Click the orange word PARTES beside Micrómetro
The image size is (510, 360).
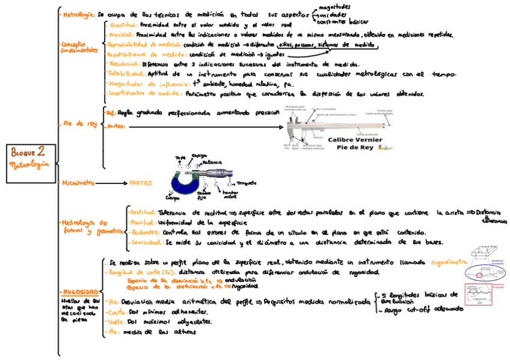point(140,183)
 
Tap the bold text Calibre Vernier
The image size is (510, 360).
point(353,139)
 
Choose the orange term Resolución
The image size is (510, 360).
point(124,64)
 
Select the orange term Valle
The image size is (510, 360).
point(115,322)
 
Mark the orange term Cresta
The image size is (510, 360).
point(117,312)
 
